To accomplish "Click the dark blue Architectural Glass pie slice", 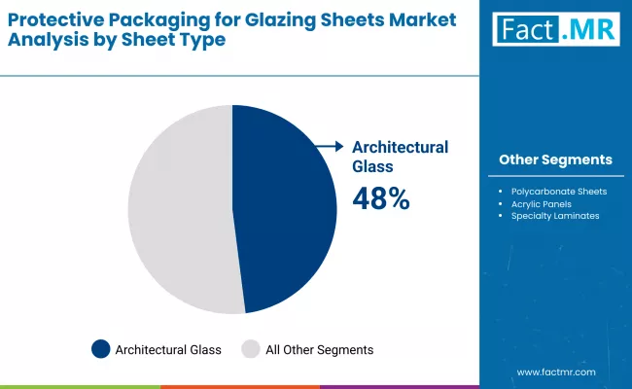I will click(x=287, y=209).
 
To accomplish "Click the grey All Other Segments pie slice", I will click(x=180, y=209).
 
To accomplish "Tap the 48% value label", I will click(x=380, y=198).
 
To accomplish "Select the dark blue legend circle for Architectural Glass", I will click(x=100, y=348).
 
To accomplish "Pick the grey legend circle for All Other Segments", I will click(x=251, y=348).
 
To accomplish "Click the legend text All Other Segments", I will click(x=320, y=348).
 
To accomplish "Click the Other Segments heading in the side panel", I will click(x=555, y=159).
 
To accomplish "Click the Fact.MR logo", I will click(x=554, y=30).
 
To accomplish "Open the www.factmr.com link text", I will click(x=555, y=372).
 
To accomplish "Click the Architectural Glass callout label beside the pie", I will click(x=400, y=156).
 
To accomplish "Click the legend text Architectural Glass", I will click(x=167, y=348).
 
